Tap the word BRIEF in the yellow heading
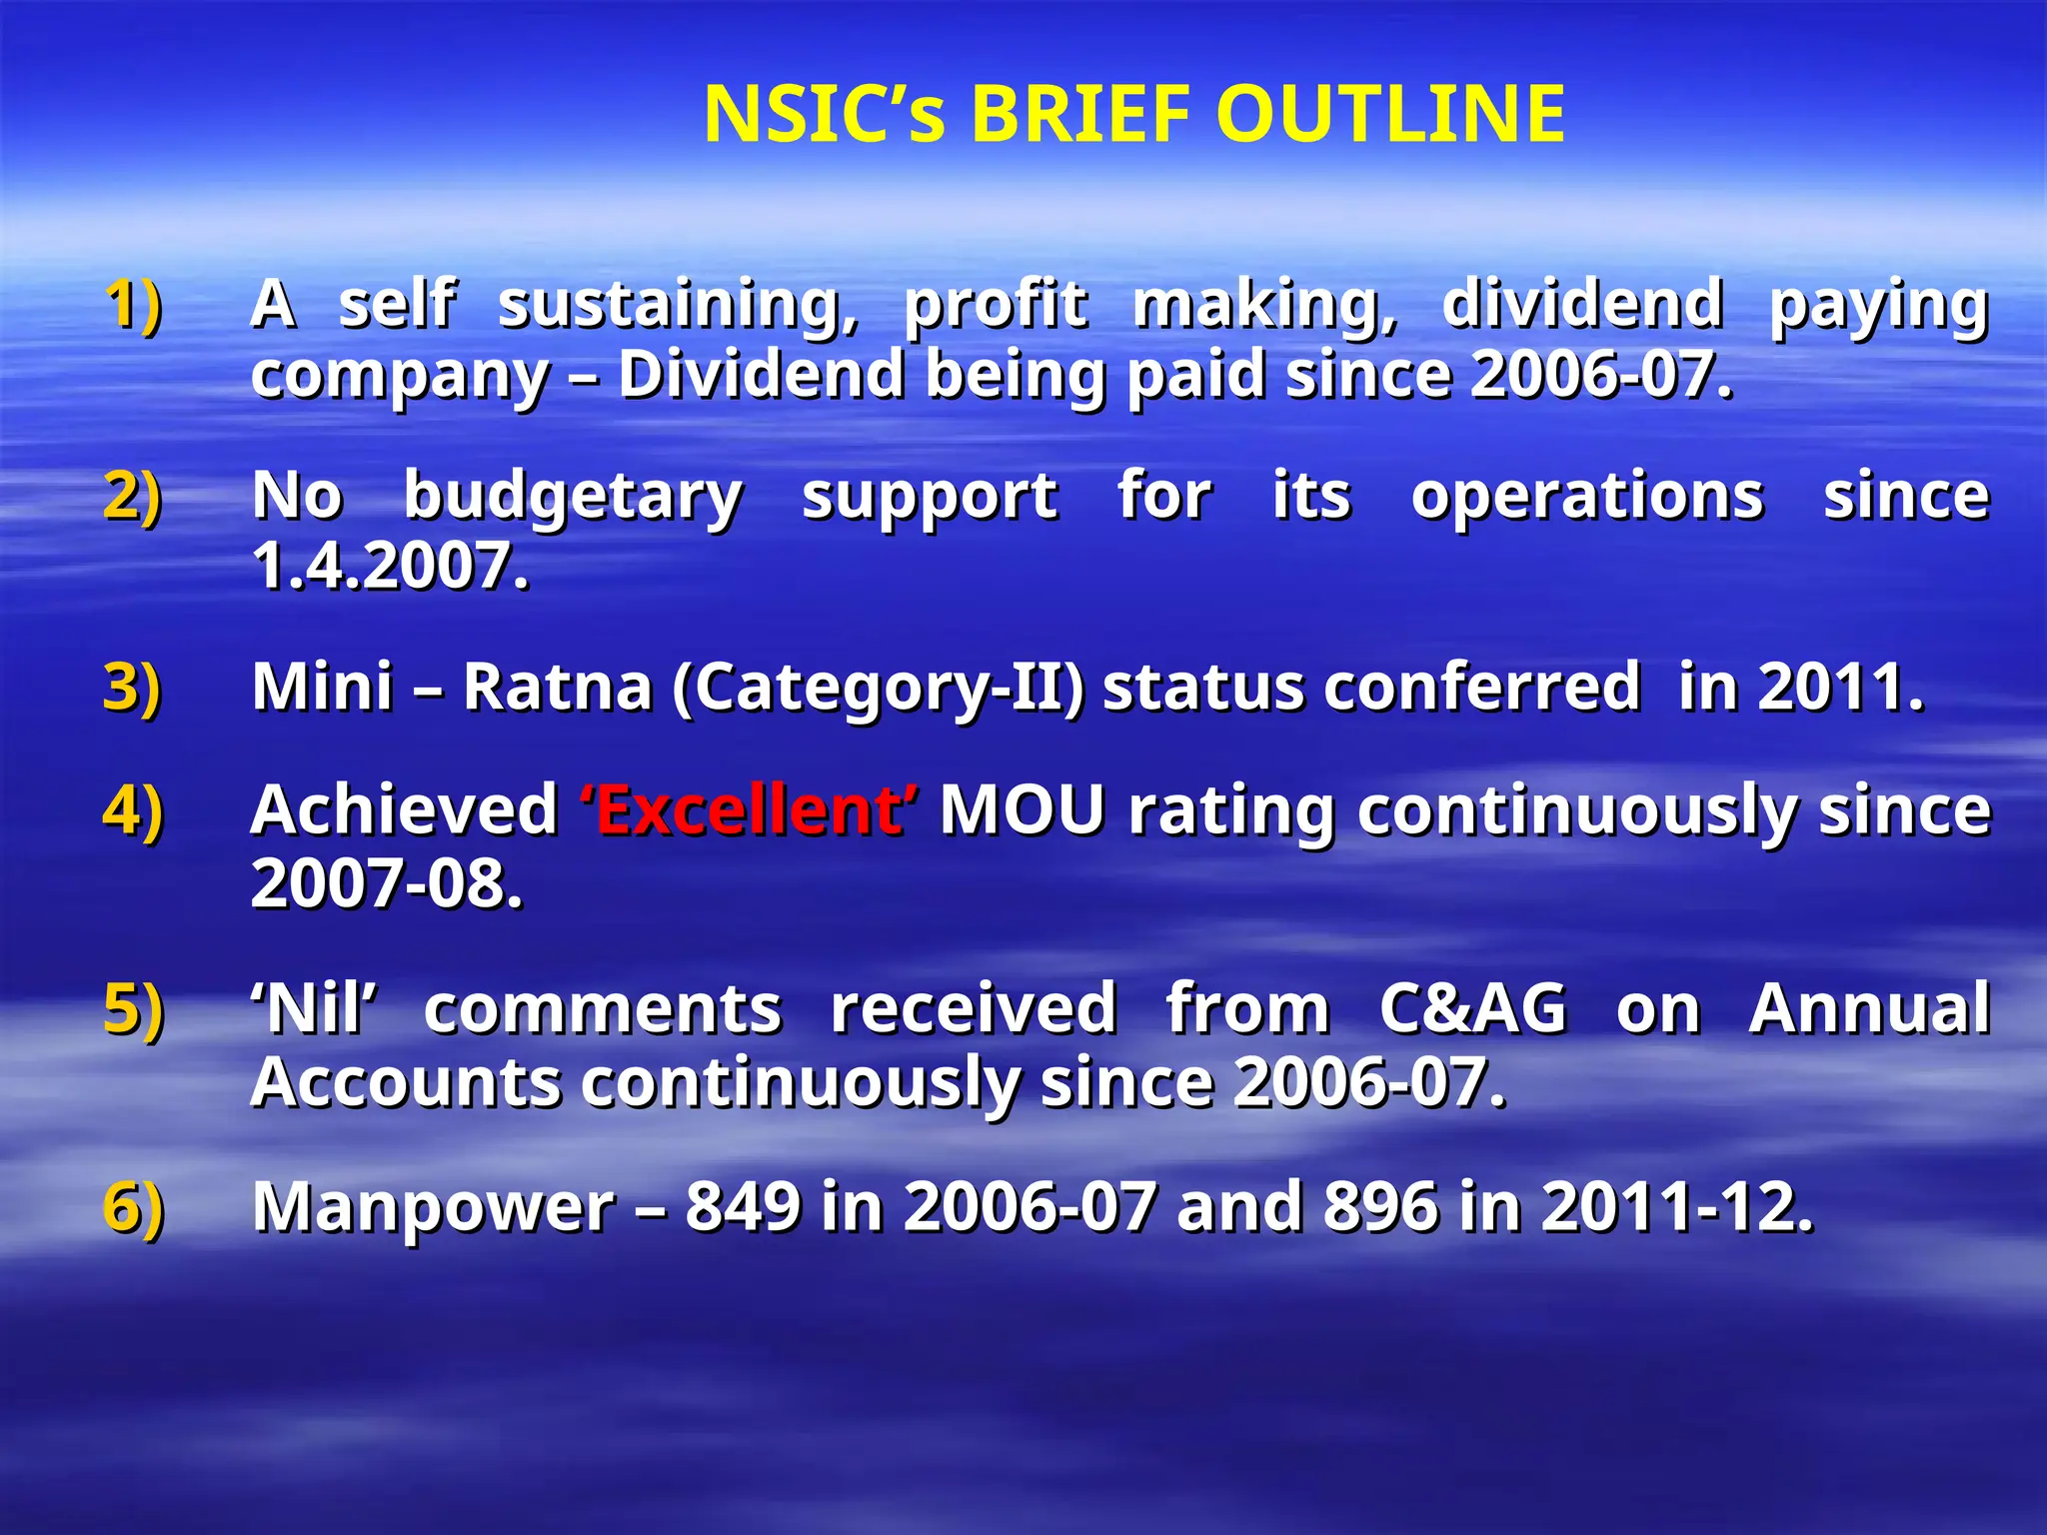pyautogui.click(x=1079, y=114)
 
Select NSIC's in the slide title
pyautogui.click(x=824, y=114)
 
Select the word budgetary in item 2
pyautogui.click(x=573, y=497)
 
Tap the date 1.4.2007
pyautogui.click(x=390, y=567)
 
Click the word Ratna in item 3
pyautogui.click(x=557, y=688)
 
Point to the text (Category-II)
pyautogui.click(x=878, y=690)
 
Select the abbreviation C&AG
pyautogui.click(x=1472, y=1008)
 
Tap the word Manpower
pyautogui.click(x=433, y=1208)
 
